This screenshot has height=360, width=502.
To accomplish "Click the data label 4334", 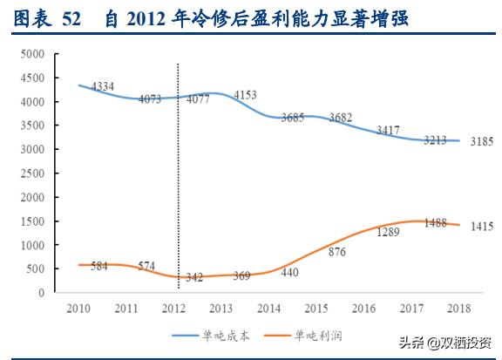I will click(x=103, y=87).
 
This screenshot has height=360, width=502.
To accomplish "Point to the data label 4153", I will click(x=248, y=94).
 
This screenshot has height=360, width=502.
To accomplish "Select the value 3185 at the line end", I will click(x=481, y=140).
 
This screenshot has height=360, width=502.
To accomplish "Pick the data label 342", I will click(x=194, y=277).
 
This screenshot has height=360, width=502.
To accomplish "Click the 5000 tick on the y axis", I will click(x=33, y=54).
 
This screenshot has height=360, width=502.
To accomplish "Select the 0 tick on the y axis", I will click(x=41, y=293).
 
